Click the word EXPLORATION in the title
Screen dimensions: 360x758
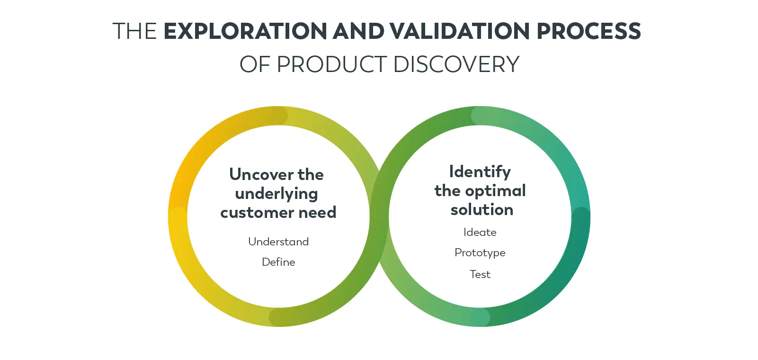tap(245, 31)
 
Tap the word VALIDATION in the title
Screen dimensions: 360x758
tap(460, 31)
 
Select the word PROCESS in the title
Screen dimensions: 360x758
tap(589, 31)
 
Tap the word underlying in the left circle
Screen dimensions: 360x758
tap(276, 194)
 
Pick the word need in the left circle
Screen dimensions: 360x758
tap(317, 213)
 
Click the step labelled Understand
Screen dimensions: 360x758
tap(278, 242)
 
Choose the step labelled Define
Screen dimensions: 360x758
tap(278, 262)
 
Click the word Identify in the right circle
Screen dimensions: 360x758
tap(480, 171)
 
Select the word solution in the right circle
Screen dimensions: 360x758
tap(482, 210)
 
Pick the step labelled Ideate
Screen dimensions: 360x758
tap(480, 232)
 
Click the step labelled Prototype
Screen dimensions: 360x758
tap(480, 253)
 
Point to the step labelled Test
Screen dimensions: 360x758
tap(480, 274)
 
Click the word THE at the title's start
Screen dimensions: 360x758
tap(134, 31)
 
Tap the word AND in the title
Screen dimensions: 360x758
tap(358, 31)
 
